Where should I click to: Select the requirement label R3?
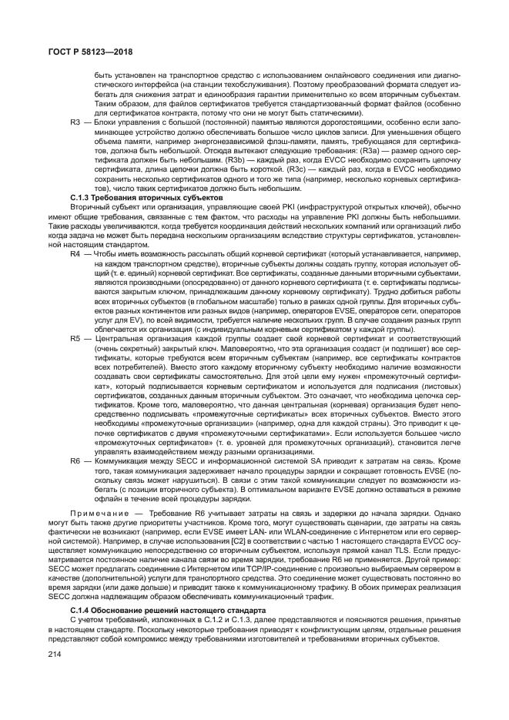point(75,122)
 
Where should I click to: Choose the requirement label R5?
point(75,337)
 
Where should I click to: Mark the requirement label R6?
point(75,460)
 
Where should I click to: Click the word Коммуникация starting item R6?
point(117,460)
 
